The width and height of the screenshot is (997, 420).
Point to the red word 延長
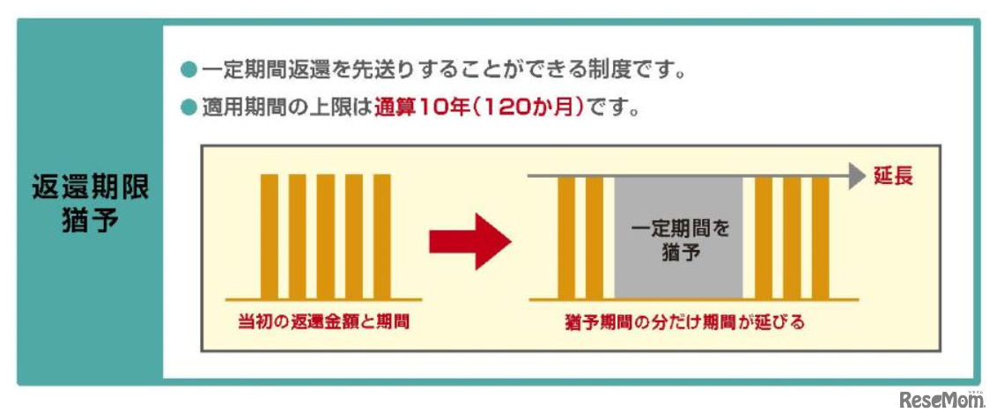pos(892,176)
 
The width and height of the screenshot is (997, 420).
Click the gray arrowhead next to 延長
pos(857,176)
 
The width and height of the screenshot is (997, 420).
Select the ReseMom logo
pos(939,401)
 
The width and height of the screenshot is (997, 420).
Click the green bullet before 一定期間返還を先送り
pos(187,70)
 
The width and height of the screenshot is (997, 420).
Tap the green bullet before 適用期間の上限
pos(187,110)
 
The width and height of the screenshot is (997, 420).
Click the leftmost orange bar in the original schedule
pos(270,236)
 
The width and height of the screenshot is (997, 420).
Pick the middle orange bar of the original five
pos(326,236)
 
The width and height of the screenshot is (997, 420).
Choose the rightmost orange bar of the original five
pos(382,236)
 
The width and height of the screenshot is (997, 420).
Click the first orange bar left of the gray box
pos(566,238)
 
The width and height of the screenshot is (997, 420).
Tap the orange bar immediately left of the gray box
pos(595,238)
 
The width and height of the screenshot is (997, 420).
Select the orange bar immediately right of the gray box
pos(764,238)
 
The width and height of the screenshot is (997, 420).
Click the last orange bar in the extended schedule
pos(820,238)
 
